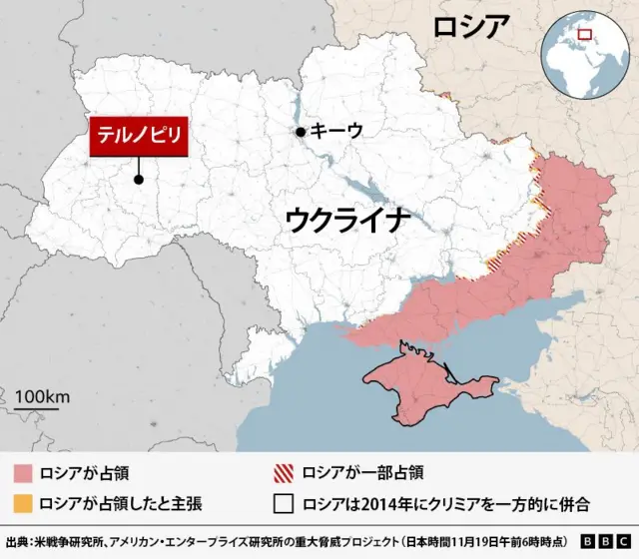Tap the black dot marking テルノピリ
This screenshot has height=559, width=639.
point(139,180)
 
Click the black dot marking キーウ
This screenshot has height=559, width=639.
point(299,132)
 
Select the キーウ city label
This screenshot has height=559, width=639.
point(336,131)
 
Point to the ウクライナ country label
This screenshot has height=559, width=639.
point(347,221)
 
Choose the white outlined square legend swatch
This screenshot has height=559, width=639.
point(285,504)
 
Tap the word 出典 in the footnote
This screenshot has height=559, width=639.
point(17,541)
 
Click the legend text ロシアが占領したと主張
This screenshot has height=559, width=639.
point(120,504)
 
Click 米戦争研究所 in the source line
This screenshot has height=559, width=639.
point(60,541)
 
